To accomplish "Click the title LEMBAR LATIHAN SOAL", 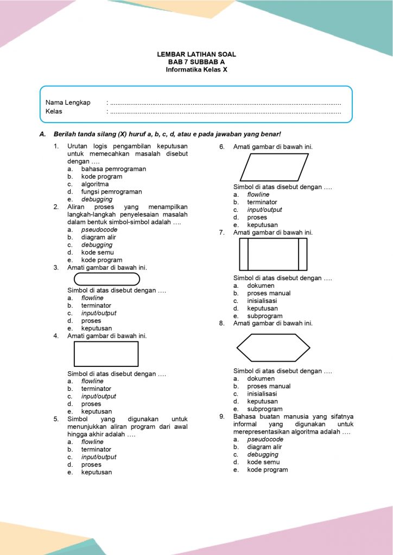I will tap(196, 55).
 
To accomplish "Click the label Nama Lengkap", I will tap(68, 102).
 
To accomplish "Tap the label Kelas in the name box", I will tap(54, 112).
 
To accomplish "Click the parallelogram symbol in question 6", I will tap(274, 167).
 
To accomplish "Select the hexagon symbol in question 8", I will tap(273, 347).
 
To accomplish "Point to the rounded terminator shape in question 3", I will tap(106, 279).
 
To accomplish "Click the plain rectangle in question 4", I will tap(106, 354).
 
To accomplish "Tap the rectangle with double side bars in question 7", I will tap(273, 254).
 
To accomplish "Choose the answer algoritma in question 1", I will tap(95, 184).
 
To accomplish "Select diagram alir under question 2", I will tap(98, 237).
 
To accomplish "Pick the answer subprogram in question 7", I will tap(264, 316).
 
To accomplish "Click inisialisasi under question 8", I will tap(262, 394).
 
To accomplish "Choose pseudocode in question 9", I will tap(265, 440).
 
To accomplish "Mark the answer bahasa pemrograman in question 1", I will tap(113, 169).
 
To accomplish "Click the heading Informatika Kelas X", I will tap(196, 69).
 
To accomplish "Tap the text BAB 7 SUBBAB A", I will tap(196, 62).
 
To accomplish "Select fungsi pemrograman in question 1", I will tap(111, 192).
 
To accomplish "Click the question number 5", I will tap(56, 419).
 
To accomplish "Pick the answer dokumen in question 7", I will tap(261, 286).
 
